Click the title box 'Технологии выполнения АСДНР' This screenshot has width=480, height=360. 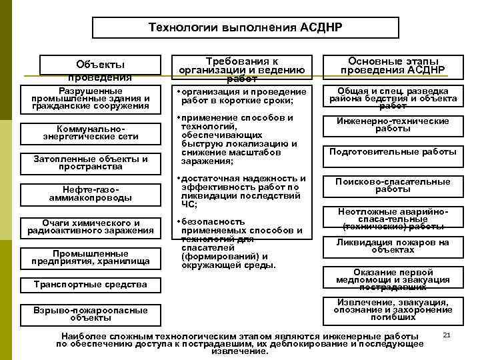coord(245,28)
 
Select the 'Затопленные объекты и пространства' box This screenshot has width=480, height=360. coord(91,163)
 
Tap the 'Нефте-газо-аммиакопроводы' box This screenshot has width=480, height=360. coord(91,194)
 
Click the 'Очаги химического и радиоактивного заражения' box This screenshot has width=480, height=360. coord(91,227)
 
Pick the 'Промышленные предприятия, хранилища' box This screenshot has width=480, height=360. coord(91,257)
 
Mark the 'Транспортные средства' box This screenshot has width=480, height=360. coord(91,285)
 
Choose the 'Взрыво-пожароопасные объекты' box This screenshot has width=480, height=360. coord(91,313)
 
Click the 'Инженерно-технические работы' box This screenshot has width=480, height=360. coord(393,125)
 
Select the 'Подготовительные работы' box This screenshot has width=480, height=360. coord(393,152)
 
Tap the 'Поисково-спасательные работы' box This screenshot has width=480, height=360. coord(393,185)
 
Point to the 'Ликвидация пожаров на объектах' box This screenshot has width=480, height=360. coord(393,246)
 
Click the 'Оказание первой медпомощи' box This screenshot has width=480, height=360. coord(393,280)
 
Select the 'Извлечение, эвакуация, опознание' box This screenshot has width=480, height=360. coord(393,310)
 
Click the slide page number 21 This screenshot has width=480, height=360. coord(447,333)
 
